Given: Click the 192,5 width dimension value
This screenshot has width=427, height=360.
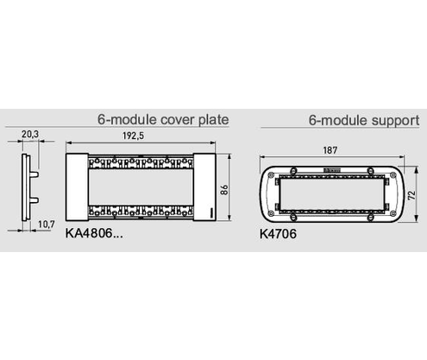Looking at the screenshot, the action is [x=133, y=136].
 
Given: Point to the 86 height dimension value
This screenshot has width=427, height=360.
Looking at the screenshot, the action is [x=224, y=190].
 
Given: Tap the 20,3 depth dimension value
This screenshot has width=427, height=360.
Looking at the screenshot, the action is [x=30, y=134].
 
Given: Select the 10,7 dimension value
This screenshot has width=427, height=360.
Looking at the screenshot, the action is [x=47, y=224].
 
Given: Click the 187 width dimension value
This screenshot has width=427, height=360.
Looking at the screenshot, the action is [x=330, y=150].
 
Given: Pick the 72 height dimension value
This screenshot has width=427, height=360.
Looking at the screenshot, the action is [x=411, y=195].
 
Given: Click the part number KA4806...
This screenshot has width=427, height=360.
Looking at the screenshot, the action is [x=94, y=233].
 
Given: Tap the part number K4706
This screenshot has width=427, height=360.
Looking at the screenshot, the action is [x=278, y=234].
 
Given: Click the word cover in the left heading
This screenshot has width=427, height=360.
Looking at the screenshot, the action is [x=178, y=119].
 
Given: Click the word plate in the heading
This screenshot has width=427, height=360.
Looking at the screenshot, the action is [x=214, y=119].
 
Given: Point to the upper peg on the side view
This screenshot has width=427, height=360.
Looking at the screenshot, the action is [x=35, y=174].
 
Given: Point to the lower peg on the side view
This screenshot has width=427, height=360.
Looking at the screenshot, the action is [x=35, y=200].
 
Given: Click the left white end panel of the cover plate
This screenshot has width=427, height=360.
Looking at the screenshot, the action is [x=77, y=187].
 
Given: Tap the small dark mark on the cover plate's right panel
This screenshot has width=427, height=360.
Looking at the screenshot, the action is [x=211, y=213].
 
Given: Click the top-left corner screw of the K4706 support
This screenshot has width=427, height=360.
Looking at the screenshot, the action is [x=271, y=174].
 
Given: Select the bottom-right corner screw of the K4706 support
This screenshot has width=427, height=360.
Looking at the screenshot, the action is [x=393, y=213].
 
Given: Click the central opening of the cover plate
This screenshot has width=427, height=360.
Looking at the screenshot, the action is [x=141, y=187].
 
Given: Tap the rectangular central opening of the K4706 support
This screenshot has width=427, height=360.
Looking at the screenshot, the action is [x=332, y=194].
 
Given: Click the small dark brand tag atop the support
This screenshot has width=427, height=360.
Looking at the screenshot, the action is [x=332, y=171].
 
